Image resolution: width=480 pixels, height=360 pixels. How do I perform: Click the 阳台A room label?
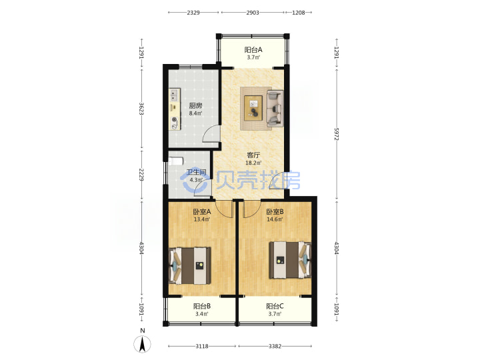point(253,49)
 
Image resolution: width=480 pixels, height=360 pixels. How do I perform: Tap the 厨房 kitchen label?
point(195,106)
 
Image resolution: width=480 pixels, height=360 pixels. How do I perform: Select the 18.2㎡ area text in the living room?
point(253,163)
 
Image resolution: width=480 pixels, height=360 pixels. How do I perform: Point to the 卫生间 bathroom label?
point(196,172)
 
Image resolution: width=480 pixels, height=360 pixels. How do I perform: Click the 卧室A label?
point(202,211)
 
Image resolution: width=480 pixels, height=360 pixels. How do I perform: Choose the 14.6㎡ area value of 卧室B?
point(275,219)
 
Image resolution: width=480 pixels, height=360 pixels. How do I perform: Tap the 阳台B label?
point(202,306)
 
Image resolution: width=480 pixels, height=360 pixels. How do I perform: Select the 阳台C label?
point(275,306)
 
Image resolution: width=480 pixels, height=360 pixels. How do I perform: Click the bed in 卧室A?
point(190,265)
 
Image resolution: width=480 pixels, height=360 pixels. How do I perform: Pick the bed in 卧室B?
point(290,260)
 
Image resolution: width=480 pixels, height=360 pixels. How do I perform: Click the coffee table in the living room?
point(253,108)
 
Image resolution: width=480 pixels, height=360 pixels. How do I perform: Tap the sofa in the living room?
point(275,108)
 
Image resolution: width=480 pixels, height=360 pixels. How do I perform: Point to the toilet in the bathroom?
point(176,161)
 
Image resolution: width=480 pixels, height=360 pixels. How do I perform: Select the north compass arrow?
point(142,344)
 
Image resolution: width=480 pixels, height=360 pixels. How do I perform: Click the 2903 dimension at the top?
point(253,13)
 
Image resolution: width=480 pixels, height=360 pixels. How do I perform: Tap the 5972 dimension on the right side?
point(336,134)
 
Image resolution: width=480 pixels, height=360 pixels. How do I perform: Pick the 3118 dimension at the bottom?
point(202,346)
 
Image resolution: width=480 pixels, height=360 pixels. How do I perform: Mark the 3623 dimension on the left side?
point(141,109)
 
